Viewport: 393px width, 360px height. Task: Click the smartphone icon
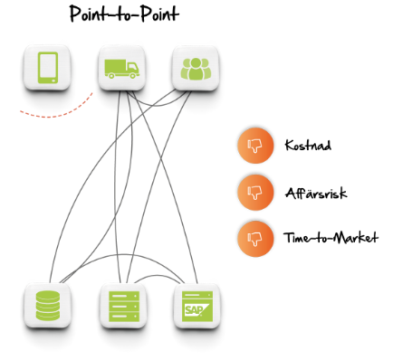[x=47, y=68]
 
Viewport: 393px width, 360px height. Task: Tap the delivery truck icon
[x=121, y=68]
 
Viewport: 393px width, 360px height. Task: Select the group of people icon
[x=195, y=68]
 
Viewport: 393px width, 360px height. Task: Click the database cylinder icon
[x=47, y=305]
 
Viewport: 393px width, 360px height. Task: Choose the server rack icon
[x=122, y=305]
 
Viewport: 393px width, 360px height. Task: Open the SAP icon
[x=196, y=305]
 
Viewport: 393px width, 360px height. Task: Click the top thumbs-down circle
[x=255, y=146]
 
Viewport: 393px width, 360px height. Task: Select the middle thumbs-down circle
[x=255, y=193]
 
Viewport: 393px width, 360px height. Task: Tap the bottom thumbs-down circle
[x=255, y=239]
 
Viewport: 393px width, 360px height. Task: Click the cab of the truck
[x=133, y=70]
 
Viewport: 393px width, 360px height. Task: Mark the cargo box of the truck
[x=115, y=66]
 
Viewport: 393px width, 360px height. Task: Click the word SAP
[x=193, y=309]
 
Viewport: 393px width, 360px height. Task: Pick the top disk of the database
[x=47, y=295]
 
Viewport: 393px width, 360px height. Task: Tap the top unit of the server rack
[x=122, y=295]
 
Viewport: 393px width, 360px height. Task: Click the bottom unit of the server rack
[x=122, y=316]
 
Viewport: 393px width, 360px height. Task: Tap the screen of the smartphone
[x=47, y=66]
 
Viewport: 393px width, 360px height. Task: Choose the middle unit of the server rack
[x=122, y=306]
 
